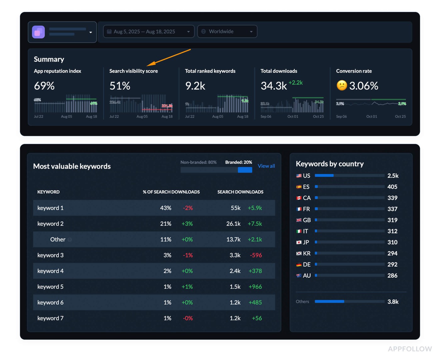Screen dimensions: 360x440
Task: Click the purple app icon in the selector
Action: (x=38, y=32)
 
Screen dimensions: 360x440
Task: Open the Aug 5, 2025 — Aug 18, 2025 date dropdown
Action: (x=148, y=31)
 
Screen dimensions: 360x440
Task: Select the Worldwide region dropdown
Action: (x=227, y=31)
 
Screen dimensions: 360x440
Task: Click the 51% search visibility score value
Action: (x=120, y=86)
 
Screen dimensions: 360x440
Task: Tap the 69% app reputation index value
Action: (x=44, y=86)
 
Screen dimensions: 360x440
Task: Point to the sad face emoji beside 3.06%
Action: (x=342, y=86)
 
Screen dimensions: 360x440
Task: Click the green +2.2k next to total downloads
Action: (x=295, y=83)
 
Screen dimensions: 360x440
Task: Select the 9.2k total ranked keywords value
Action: (x=195, y=86)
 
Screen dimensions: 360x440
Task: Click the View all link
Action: (x=266, y=166)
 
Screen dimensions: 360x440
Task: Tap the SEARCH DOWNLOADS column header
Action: (x=240, y=192)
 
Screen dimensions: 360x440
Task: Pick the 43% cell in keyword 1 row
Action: (x=166, y=208)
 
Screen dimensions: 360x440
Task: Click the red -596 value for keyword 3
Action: (x=256, y=255)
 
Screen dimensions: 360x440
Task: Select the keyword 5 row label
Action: (x=50, y=287)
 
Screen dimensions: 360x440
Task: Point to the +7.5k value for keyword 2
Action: (x=255, y=224)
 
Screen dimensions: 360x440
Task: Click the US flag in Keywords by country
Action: (x=299, y=176)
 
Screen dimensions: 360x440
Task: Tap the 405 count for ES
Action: (x=392, y=187)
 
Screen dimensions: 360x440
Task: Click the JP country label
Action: (x=306, y=242)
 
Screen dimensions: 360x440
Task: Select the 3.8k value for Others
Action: (x=393, y=302)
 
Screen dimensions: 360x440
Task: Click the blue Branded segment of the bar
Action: (x=245, y=170)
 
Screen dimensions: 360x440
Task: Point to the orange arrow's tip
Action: (x=147, y=65)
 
